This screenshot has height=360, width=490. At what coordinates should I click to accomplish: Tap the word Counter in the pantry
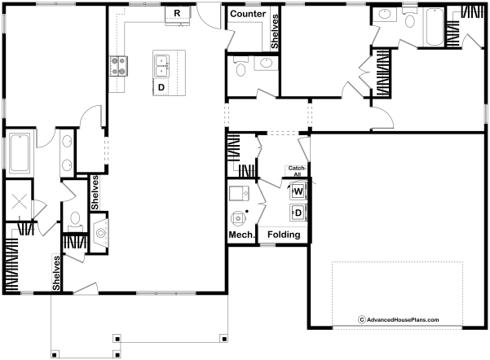(248, 14)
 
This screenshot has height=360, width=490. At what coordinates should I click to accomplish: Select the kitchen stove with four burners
(118, 66)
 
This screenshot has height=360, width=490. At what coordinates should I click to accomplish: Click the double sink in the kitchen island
(162, 66)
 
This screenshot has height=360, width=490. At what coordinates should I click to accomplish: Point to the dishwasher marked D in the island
(161, 87)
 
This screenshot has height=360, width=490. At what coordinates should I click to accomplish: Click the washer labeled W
(298, 191)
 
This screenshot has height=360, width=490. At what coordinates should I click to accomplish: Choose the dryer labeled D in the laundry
(298, 213)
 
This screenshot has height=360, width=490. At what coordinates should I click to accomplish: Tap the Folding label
(284, 235)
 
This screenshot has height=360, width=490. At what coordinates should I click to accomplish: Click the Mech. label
(242, 235)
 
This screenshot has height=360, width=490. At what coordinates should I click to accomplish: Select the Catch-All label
(297, 171)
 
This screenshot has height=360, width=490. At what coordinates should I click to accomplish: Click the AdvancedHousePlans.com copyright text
(399, 320)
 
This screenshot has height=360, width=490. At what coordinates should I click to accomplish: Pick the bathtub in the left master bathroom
(20, 153)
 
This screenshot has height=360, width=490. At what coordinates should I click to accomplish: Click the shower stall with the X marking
(19, 200)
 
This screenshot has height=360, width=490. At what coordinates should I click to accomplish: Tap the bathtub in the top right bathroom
(435, 27)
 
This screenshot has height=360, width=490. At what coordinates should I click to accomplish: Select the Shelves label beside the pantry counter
(275, 32)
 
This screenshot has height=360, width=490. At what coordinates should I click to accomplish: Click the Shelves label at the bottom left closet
(56, 273)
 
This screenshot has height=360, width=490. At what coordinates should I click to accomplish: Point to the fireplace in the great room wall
(100, 233)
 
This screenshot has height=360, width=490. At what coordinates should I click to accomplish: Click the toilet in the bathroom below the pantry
(241, 68)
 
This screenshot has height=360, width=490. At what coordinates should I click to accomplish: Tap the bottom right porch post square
(223, 339)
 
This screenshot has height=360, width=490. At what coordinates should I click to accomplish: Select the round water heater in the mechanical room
(238, 218)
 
